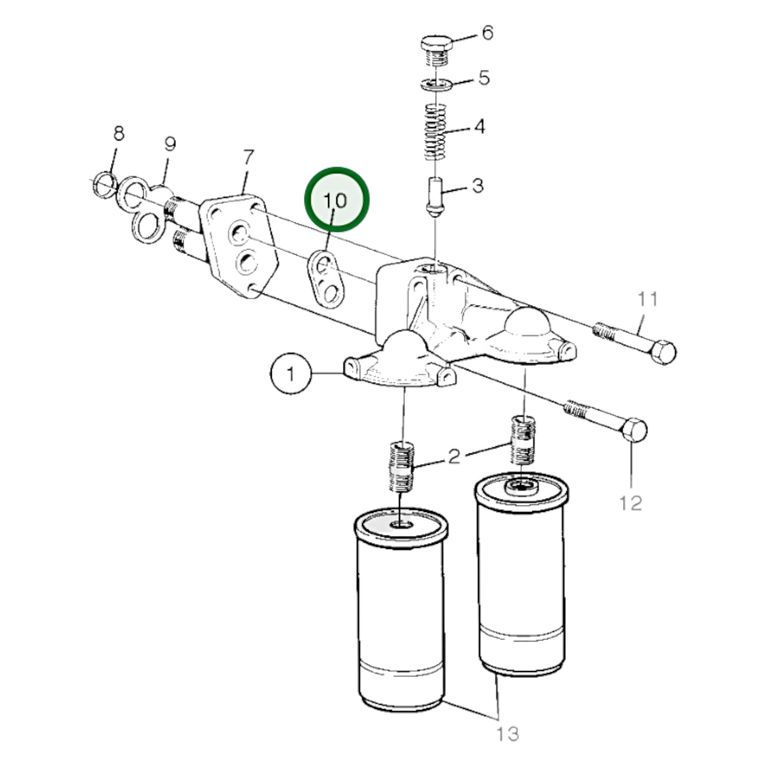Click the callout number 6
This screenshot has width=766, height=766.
[x=487, y=33]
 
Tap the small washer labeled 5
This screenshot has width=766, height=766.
[x=436, y=84]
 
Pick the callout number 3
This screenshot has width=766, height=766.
[x=478, y=186]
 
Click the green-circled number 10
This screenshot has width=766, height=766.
[x=336, y=200]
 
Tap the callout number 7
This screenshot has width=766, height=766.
[x=248, y=157]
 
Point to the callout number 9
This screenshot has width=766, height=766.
[x=170, y=144]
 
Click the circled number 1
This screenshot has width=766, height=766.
[x=290, y=374]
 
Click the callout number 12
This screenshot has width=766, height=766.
[x=630, y=502]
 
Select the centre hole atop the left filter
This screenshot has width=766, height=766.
[x=401, y=525]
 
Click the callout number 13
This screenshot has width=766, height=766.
[x=507, y=734]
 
